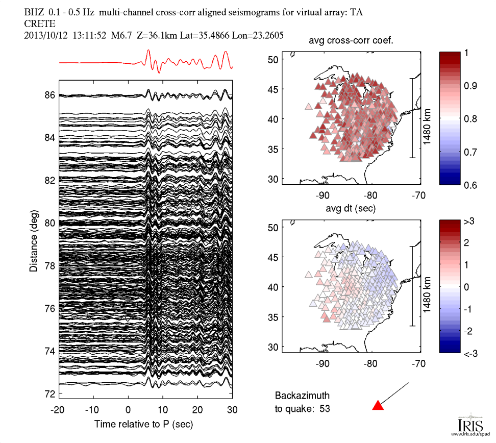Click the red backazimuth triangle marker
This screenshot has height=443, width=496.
377,406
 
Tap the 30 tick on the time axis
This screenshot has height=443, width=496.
232,409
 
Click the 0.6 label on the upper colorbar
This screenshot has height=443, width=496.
469,185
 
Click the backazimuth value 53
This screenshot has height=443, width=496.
337,408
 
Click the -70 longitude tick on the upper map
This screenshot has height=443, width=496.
419,194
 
